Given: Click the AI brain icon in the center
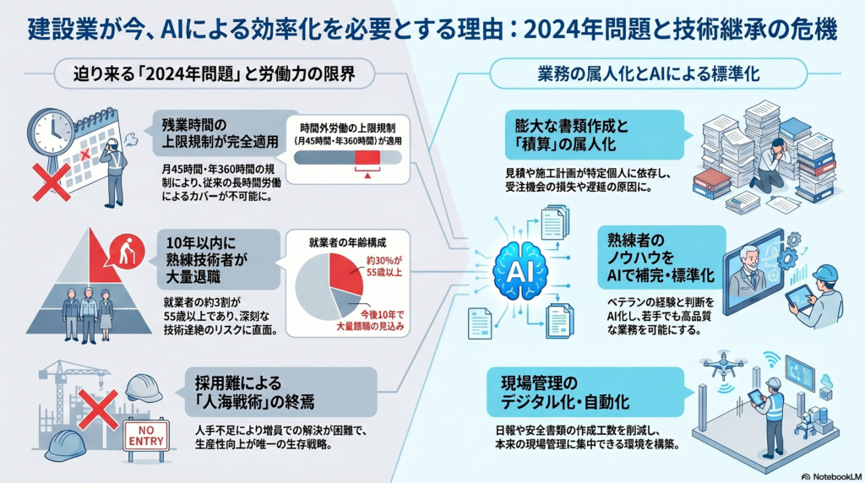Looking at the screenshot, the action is pos(520,271).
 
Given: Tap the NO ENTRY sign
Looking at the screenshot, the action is pos(146,436).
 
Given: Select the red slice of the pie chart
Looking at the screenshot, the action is pos(346,274).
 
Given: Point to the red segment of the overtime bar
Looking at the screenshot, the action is pos(367,158).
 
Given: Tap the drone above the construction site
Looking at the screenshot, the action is pos(723,364).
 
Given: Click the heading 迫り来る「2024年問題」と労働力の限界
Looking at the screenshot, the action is pos(214,73).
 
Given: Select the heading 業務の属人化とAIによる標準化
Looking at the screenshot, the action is pos(649,73).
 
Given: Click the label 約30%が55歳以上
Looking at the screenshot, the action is pos(384,266).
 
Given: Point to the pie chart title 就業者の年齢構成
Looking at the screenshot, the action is pos(347,242).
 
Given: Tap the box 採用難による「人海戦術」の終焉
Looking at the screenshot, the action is pos(281,392).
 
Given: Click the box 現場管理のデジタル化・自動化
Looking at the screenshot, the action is pos(585,392).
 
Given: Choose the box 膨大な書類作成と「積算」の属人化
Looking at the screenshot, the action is pos(594,135).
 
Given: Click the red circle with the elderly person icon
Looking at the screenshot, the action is pos(127,252).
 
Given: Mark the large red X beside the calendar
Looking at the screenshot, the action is pos(52,182).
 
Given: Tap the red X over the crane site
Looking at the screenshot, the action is pos(98,410).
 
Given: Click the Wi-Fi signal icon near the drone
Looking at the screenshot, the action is pos(772,360).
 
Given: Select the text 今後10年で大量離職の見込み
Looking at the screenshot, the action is pos(370,320).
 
